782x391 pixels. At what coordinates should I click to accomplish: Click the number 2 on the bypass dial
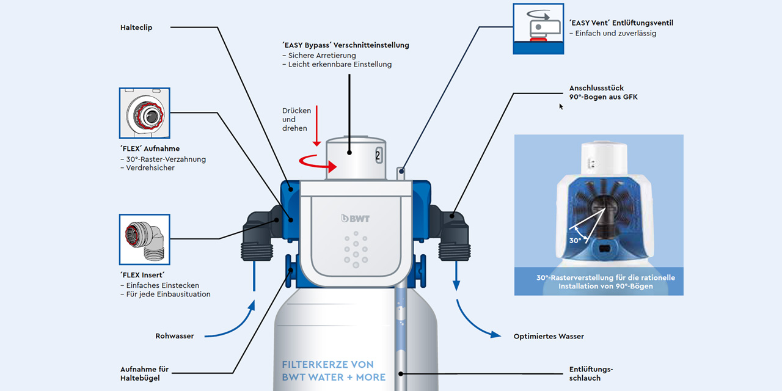pyautogui.click(x=378, y=155)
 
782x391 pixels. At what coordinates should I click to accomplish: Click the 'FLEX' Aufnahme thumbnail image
pyautogui.click(x=144, y=112)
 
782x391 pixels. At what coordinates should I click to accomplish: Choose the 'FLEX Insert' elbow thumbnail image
pyautogui.click(x=144, y=239)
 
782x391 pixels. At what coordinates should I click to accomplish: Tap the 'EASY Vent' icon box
pyautogui.click(x=538, y=29)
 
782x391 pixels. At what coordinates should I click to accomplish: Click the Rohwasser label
pyautogui.click(x=175, y=336)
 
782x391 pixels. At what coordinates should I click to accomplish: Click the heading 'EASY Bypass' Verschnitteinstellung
pyautogui.click(x=345, y=45)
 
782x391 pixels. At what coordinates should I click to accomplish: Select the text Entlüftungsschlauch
pyautogui.click(x=591, y=374)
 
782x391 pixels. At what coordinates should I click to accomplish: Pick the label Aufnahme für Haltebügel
pyautogui.click(x=144, y=374)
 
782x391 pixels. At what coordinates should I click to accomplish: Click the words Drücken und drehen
pyautogui.click(x=296, y=120)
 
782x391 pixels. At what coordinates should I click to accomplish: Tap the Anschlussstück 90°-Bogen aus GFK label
pyautogui.click(x=603, y=92)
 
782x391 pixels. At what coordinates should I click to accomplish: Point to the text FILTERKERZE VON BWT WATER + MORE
pyautogui.click(x=333, y=371)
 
